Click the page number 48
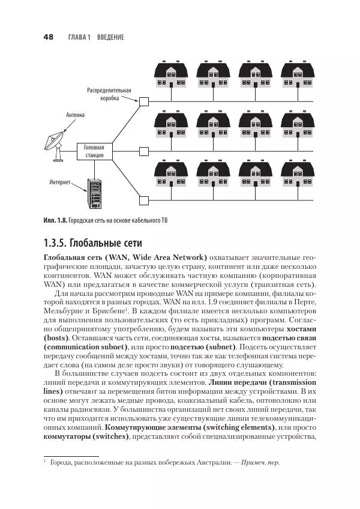(x=49, y=37)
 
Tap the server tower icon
(x=95, y=192)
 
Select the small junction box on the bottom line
(x=142, y=199)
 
